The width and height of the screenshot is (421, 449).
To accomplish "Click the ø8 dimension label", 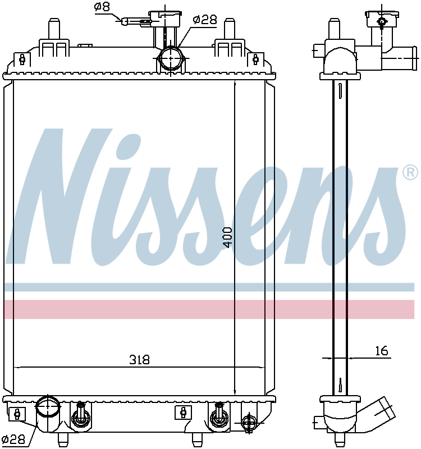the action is [102, 7].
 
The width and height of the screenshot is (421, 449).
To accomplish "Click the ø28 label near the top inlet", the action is [205, 20].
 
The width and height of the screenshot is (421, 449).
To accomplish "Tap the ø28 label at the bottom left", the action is [13, 439].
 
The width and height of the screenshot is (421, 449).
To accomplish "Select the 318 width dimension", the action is [139, 360].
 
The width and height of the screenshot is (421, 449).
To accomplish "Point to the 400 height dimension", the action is [228, 237].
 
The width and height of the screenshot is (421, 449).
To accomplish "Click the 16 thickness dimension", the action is [382, 351].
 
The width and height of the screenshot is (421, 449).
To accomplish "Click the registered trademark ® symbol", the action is [410, 172].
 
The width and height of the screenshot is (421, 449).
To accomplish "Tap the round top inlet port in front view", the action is [171, 58].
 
